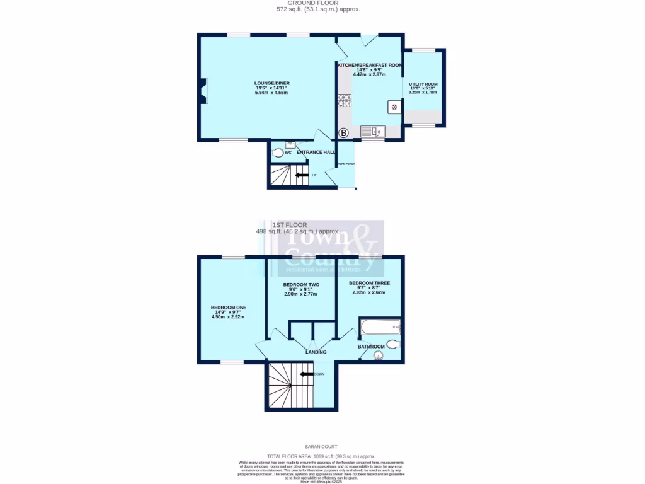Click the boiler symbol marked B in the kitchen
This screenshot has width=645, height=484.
tap(344, 133)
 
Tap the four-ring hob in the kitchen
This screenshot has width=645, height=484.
tap(345, 100)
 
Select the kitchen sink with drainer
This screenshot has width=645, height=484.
tap(374, 131)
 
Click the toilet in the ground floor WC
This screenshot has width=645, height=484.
tap(278, 152)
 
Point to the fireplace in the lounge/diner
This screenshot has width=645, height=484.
tap(203, 90)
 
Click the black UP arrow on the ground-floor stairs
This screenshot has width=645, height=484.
tap(302, 175)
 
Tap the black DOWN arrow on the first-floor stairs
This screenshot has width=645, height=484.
tap(307, 374)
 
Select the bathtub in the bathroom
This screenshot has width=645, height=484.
tap(379, 326)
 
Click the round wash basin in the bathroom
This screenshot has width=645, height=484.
tap(378, 355)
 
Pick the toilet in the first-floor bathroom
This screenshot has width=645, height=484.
tap(392, 343)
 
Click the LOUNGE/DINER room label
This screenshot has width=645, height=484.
tap(271, 83)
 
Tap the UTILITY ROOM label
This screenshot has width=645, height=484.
tap(423, 84)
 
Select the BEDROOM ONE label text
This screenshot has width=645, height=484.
tap(228, 308)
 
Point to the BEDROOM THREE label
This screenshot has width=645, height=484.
tap(369, 283)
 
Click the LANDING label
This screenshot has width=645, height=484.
tap(316, 352)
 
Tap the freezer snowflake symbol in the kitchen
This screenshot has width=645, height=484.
tap(394, 107)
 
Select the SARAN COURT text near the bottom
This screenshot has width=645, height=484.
tap(321, 446)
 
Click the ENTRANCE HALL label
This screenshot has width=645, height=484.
tap(316, 152)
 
